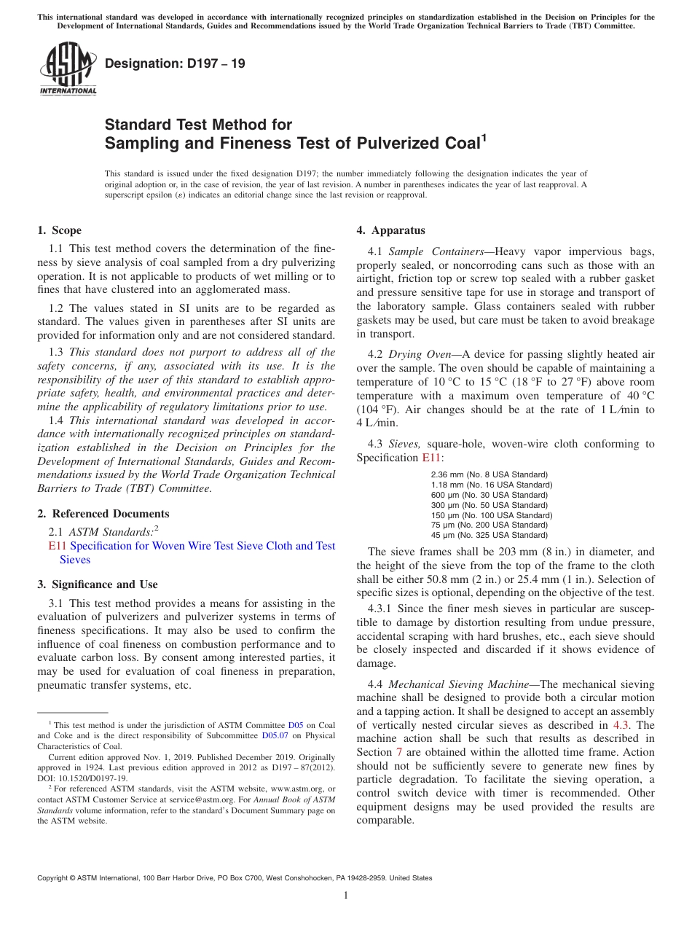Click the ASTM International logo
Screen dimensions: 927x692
pos(67,69)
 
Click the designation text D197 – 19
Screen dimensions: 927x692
pos(175,64)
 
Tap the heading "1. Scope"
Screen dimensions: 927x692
pos(59,230)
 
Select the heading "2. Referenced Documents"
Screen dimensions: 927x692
pos(103,513)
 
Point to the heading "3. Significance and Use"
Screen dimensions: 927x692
pos(97,584)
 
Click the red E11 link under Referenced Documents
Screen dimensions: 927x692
pos(57,546)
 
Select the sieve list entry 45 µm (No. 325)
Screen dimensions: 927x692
pos(489,536)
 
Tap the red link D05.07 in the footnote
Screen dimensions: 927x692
pos(275,736)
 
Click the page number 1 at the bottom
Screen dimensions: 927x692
pos(346,896)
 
